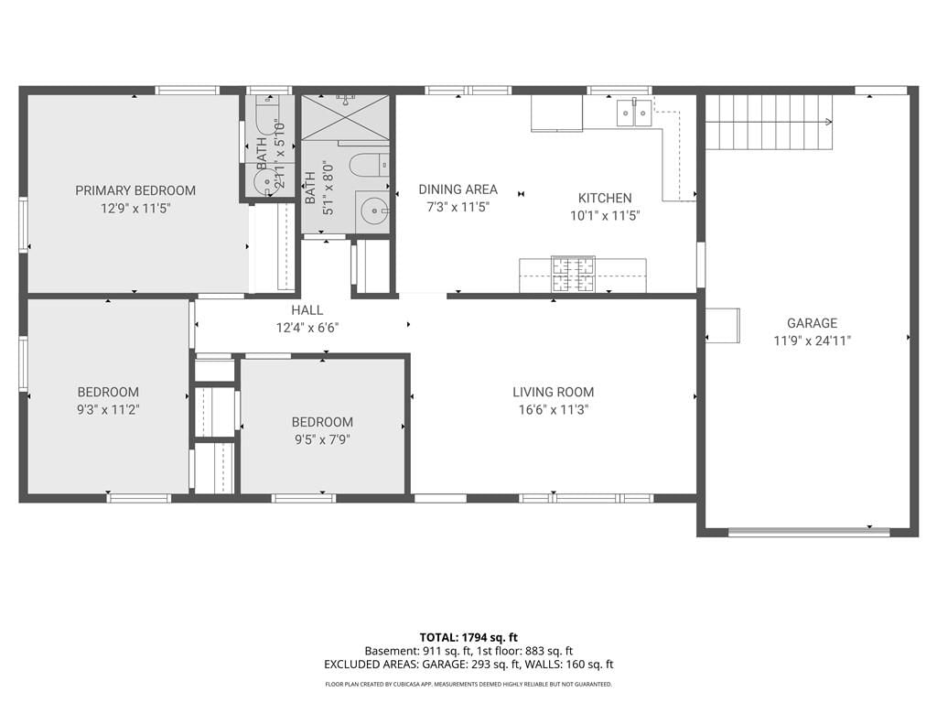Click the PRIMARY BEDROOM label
pyautogui.click(x=135, y=190)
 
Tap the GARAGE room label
pyautogui.click(x=813, y=323)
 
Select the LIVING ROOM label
pyautogui.click(x=554, y=392)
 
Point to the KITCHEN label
pyautogui.click(x=605, y=198)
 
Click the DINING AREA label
pyautogui.click(x=458, y=189)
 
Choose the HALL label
pyautogui.click(x=307, y=310)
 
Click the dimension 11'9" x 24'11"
pyautogui.click(x=813, y=341)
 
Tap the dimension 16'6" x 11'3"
pyautogui.click(x=554, y=410)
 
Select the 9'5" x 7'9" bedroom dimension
pyautogui.click(x=322, y=440)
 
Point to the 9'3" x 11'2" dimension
pyautogui.click(x=108, y=410)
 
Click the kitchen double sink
pyautogui.click(x=634, y=113)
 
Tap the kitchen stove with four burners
pyautogui.click(x=573, y=275)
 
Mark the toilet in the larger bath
pyautogui.click(x=369, y=165)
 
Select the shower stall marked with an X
pyautogui.click(x=345, y=117)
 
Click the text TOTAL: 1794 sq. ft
pyautogui.click(x=468, y=637)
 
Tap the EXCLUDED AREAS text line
pyautogui.click(x=468, y=665)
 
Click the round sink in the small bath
pyautogui.click(x=264, y=181)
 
